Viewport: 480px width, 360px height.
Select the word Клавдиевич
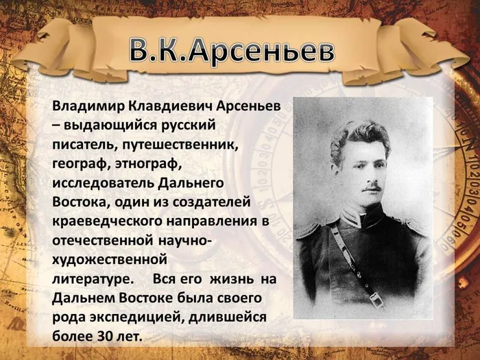pyautogui.click(x=165, y=108)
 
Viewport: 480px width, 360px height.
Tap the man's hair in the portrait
pyautogui.click(x=360, y=133)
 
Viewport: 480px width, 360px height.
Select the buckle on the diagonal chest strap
pyautogui.click(x=376, y=299)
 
